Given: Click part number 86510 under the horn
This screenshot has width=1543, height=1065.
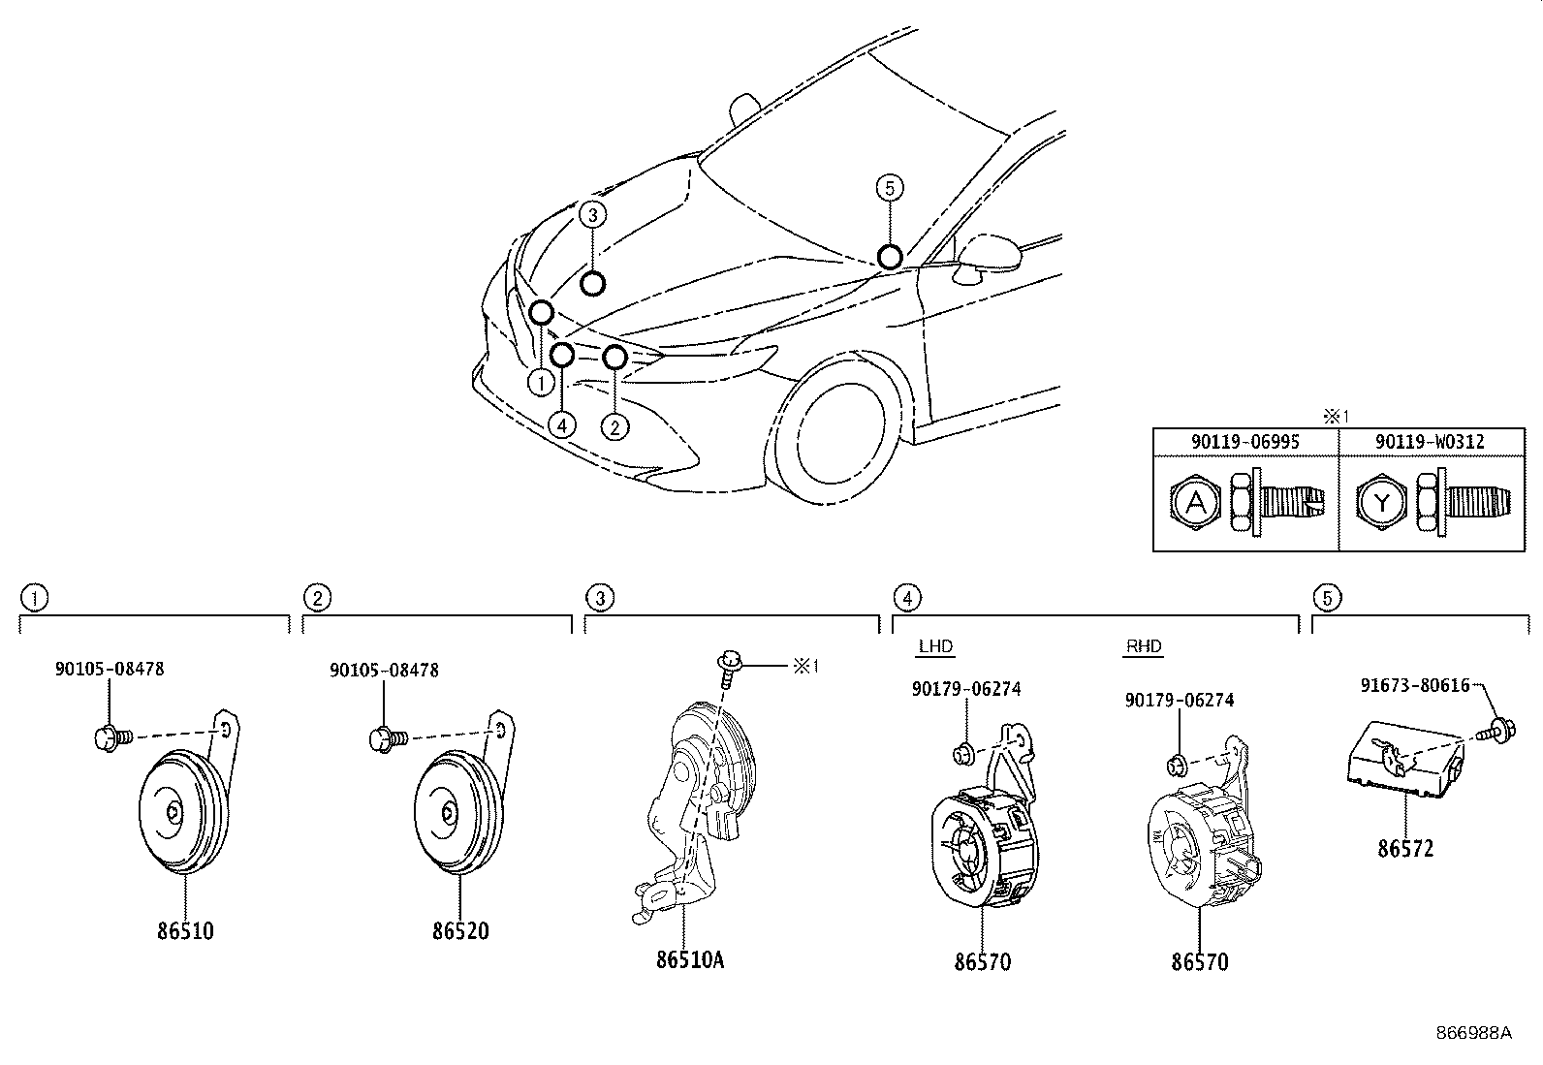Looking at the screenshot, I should click(x=184, y=931).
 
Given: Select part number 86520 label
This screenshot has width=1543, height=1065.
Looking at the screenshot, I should click(x=460, y=931).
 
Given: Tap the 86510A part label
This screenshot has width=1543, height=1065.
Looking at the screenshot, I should click(x=690, y=960).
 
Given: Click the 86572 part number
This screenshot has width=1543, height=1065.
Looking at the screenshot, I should click(x=1405, y=849).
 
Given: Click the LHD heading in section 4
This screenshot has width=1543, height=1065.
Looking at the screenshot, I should click(x=935, y=646).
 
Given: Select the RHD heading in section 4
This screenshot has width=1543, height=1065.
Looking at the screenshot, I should click(x=1144, y=646).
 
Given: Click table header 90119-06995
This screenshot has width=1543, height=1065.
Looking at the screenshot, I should click(x=1245, y=442).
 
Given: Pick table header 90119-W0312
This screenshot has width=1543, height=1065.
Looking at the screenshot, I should click(x=1430, y=442).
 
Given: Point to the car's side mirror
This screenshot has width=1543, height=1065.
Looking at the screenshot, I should click(x=989, y=255).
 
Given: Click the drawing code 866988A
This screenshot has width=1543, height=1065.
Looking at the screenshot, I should click(x=1473, y=1033).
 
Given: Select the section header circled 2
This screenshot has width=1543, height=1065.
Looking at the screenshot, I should click(x=317, y=598).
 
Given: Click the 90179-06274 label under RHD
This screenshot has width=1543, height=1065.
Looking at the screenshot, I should click(x=1180, y=700).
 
